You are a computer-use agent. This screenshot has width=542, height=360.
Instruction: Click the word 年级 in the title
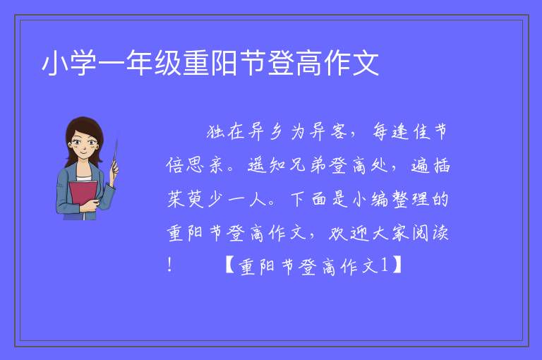click(x=153, y=64)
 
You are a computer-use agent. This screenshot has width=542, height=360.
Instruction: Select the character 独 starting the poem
click(x=216, y=131)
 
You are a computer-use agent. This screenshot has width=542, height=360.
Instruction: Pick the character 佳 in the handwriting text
click(x=422, y=131)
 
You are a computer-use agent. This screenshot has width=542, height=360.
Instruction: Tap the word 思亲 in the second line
click(x=205, y=165)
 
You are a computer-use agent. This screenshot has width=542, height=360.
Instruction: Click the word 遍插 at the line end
click(x=430, y=165)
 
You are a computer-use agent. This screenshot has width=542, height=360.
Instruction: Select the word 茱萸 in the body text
click(x=186, y=199)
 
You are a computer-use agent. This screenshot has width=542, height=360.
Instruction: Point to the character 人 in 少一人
click(x=258, y=200)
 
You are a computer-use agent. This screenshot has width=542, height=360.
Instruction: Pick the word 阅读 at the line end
click(x=430, y=233)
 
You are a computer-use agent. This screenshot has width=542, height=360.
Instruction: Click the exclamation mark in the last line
click(x=169, y=265)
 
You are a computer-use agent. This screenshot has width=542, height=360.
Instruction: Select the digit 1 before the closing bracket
click(x=384, y=265)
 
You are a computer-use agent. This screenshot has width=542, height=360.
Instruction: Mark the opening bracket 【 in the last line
click(x=231, y=265)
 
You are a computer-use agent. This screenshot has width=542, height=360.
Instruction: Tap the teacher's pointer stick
click(x=115, y=155)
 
